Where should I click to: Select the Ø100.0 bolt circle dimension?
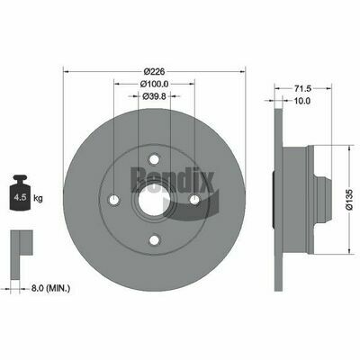coord(152,84)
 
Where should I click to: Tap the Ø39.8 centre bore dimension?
coord(152,97)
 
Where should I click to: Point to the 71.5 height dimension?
coord(303,88)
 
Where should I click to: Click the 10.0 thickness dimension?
coord(302,101)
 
